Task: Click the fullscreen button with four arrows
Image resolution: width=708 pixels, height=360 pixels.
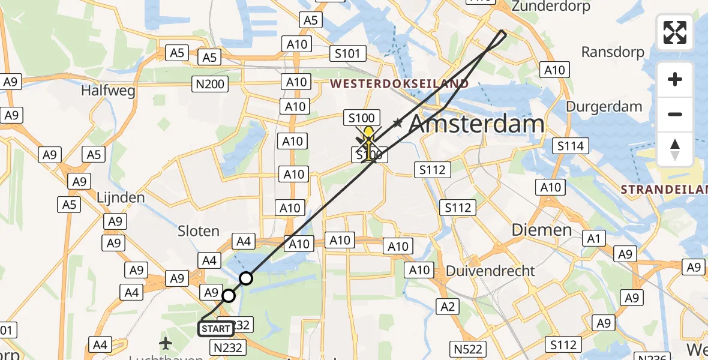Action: coord(675,32)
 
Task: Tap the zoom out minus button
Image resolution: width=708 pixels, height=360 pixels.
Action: coord(675,115)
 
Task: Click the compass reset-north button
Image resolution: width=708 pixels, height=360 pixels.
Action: coord(675,149)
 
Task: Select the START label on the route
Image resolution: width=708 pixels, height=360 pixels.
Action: coord(215,329)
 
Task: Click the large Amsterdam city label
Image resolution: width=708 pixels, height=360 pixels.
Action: coord(476,125)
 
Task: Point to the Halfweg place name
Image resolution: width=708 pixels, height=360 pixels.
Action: coord(109,91)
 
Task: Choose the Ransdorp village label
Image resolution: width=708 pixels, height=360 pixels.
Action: coord(613,52)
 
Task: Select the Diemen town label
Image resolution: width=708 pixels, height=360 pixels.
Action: coord(541,230)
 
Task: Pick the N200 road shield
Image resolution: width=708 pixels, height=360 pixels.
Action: coord(209,84)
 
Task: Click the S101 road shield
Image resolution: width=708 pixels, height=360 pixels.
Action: coord(347,54)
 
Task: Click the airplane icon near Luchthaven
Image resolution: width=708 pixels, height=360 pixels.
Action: coord(166,344)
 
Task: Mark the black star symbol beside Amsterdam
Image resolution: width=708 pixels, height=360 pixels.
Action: coord(397,123)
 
